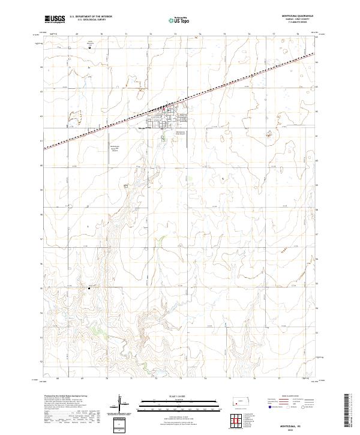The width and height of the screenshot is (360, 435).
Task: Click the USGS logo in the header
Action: tap(55, 20)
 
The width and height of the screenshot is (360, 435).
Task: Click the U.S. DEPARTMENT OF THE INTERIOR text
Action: tap(91, 16)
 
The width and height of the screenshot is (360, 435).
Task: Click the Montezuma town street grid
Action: tap(163, 116)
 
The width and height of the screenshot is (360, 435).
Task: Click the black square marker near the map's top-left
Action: tap(90, 49)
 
